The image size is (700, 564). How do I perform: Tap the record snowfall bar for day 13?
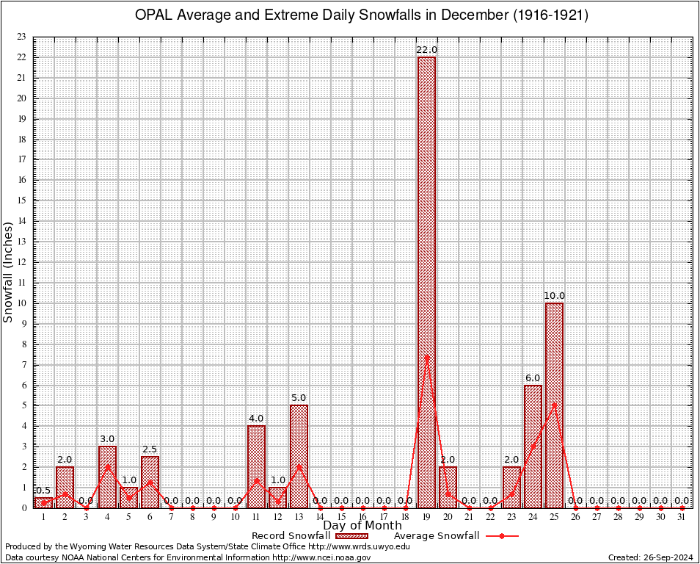click(x=299, y=456)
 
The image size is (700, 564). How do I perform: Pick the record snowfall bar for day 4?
click(x=107, y=477)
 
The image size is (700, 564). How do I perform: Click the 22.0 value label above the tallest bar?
click(x=426, y=50)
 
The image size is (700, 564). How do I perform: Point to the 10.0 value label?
click(x=554, y=296)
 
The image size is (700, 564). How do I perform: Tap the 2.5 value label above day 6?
click(x=150, y=449)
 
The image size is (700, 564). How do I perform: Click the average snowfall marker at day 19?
click(x=426, y=358)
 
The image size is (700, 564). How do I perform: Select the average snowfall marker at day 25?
click(x=554, y=405)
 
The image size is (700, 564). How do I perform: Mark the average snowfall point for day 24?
click(x=533, y=446)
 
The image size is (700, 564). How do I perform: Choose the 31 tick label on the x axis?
click(x=682, y=517)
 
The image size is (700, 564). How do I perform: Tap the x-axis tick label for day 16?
click(x=362, y=517)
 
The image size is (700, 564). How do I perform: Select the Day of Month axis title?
click(x=362, y=526)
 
